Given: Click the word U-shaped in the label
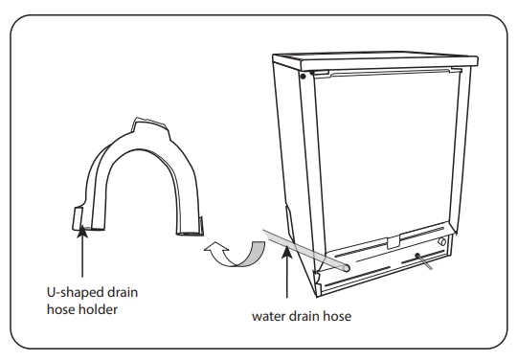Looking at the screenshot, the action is pos(72,293).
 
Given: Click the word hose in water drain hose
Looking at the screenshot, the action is pos(337,316).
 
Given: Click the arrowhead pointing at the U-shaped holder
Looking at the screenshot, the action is pos(82,232).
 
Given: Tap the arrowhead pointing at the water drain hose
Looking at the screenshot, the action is pos(287,252).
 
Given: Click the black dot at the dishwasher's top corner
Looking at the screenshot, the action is pos(303,77).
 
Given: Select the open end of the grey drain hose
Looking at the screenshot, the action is pos(346,267).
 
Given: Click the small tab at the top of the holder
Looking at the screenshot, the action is pos(149,124).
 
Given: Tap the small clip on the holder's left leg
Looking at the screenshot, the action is pos(78,218).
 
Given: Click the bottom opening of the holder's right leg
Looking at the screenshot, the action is pos(190,234).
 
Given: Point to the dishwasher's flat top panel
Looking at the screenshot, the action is pos(375,60).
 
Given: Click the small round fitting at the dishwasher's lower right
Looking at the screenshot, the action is pos(441,241).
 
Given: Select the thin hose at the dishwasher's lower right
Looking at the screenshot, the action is pos(423,261).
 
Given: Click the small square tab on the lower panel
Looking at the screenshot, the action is pos(394,242).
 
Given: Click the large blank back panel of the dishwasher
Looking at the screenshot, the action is pos(387,159).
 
